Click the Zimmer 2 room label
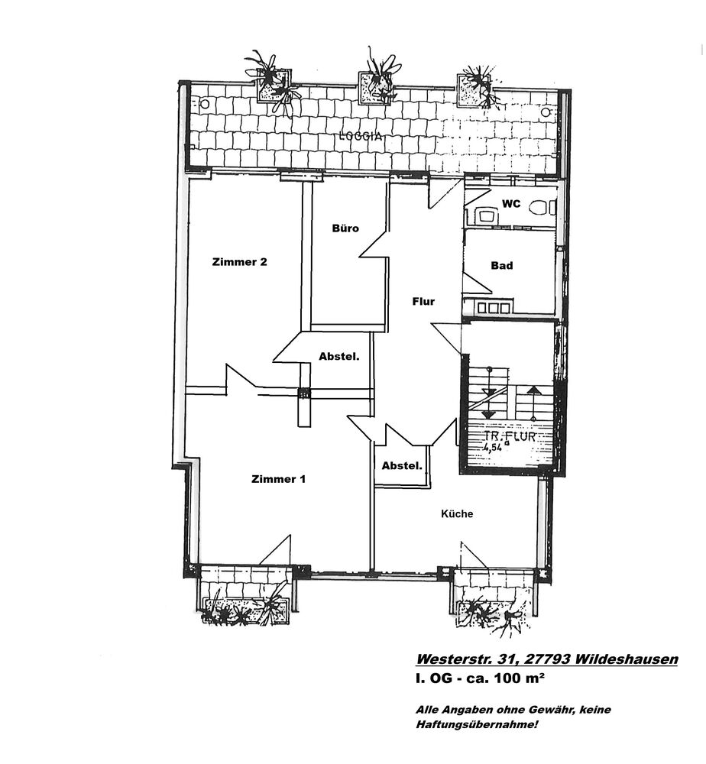click(239, 261)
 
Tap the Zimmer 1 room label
click(278, 479)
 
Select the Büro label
click(345, 228)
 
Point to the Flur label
click(423, 301)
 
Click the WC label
click(511, 204)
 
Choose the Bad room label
click(502, 265)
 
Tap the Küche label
click(457, 513)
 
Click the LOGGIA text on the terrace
click(361, 137)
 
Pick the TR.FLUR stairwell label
click(509, 436)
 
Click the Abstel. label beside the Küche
click(402, 466)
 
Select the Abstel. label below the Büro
click(339, 356)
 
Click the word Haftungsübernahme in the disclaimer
click(476, 724)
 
